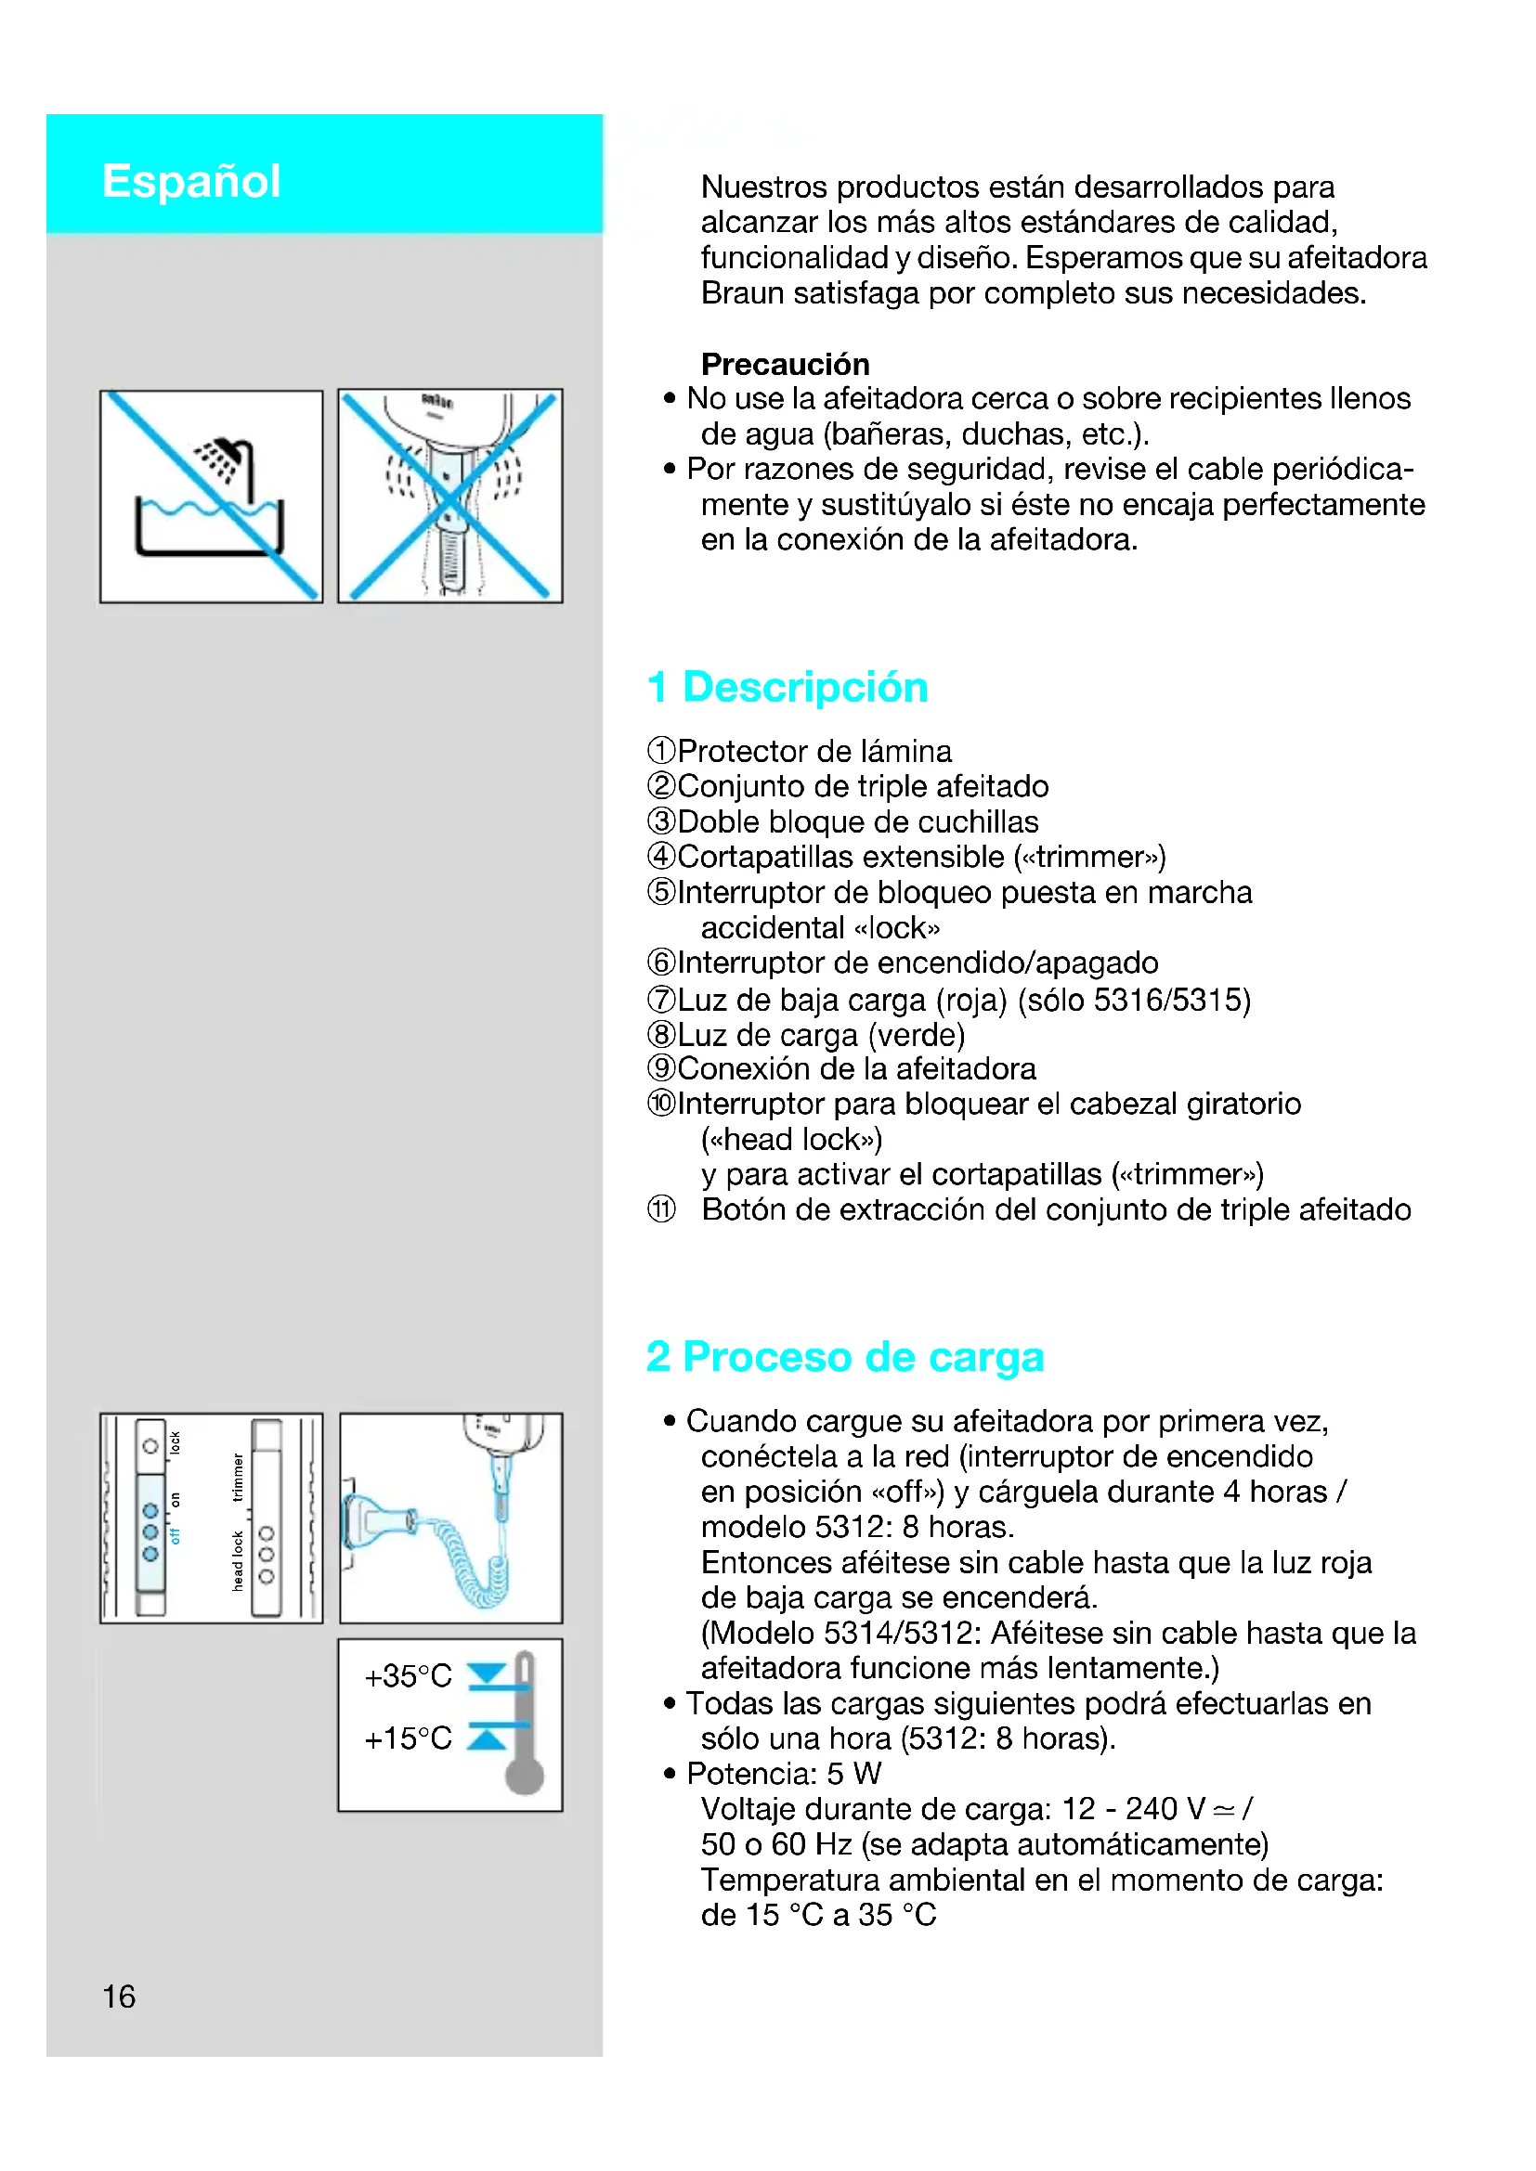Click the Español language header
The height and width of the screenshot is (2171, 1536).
coord(191,181)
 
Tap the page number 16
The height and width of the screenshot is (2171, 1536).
coord(118,1997)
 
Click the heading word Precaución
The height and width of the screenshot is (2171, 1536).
coord(784,364)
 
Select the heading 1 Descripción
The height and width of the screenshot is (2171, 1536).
coord(787,687)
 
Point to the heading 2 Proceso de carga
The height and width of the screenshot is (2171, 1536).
coord(844,1357)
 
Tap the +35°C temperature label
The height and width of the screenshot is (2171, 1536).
coord(408,1676)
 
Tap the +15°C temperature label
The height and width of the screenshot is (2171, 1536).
coord(408,1738)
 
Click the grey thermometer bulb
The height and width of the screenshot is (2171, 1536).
coord(524,1776)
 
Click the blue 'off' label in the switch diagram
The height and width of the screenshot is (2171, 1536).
coord(175,1535)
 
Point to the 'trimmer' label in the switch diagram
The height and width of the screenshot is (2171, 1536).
coord(238,1476)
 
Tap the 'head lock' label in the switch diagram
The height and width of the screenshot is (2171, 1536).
coord(238,1560)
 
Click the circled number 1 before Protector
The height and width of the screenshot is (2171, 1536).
coord(661,751)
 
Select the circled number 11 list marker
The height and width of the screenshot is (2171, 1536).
coord(661,1209)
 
